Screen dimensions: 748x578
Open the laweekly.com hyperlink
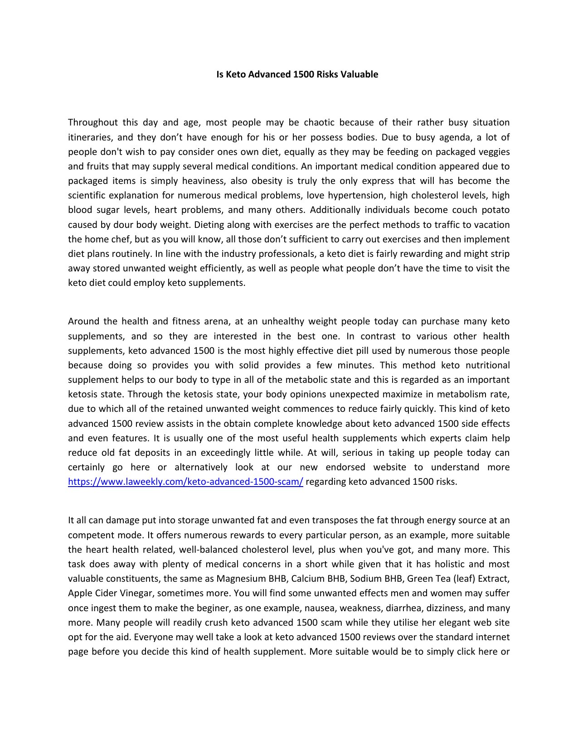[x=185, y=482]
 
